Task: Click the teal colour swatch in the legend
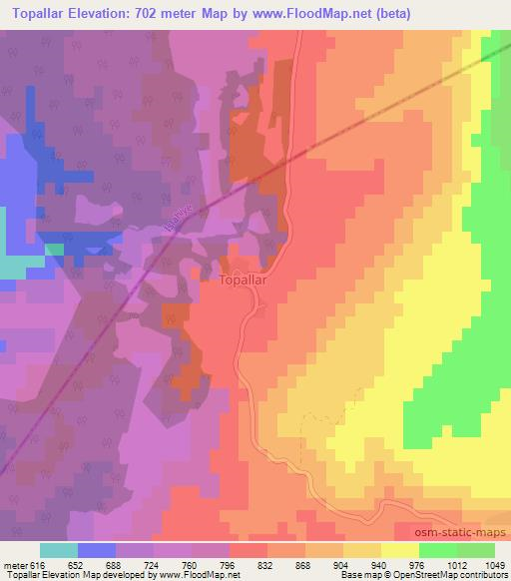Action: pos(59,550)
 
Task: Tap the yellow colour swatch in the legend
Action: pos(400,550)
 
